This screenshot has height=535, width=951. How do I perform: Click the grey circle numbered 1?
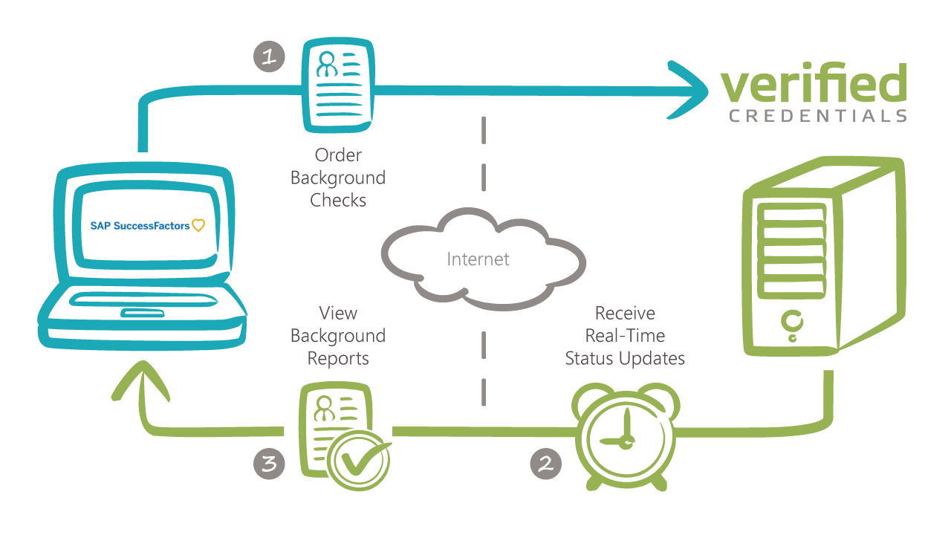270,56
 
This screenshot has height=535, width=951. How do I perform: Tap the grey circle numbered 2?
546,464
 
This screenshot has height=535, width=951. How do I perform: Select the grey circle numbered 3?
270,464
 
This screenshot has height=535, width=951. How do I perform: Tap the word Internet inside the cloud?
478,259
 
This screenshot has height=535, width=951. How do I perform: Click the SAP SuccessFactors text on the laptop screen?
140,225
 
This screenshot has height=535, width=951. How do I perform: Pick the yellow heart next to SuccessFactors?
198,225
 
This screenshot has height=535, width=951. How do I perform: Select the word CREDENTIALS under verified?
818,116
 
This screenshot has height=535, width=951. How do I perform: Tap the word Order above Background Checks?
338,155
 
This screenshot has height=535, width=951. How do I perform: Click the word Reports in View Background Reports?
338,358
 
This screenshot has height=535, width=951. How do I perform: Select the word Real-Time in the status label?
625,335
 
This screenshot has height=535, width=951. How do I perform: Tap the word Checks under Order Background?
338,201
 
